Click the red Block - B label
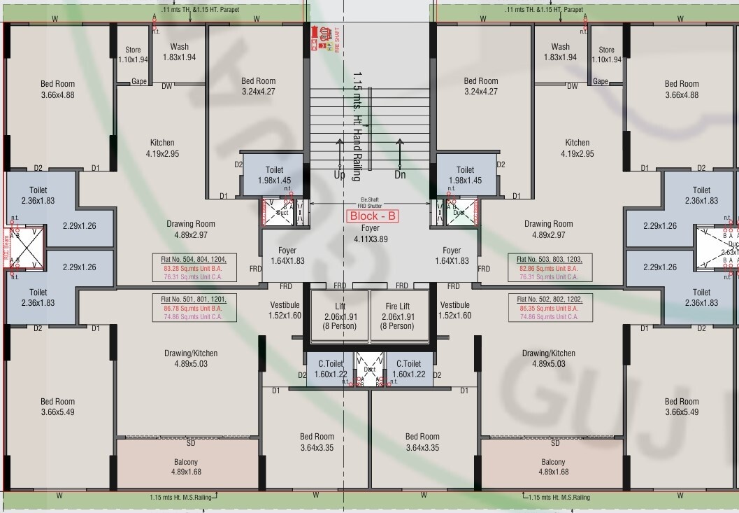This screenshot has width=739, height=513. click(x=373, y=216)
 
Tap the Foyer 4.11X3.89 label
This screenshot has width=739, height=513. click(x=371, y=234)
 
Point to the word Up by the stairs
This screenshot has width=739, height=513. click(x=339, y=175)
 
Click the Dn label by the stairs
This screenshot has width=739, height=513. click(x=400, y=175)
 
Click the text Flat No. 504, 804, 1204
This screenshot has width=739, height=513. click(x=194, y=258)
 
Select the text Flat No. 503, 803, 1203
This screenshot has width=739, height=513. click(x=549, y=258)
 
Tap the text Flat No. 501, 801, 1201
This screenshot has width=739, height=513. click(x=194, y=298)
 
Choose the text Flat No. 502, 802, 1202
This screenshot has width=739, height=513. click(x=549, y=298)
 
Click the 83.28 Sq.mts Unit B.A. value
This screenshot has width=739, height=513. click(x=194, y=268)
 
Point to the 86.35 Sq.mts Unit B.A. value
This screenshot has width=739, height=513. click(x=549, y=307)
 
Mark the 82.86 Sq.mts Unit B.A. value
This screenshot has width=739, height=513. click(x=549, y=268)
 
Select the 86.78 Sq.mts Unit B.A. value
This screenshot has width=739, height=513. click(x=194, y=307)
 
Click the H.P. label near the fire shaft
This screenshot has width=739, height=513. click(x=329, y=45)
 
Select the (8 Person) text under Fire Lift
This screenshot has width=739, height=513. click(x=397, y=326)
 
